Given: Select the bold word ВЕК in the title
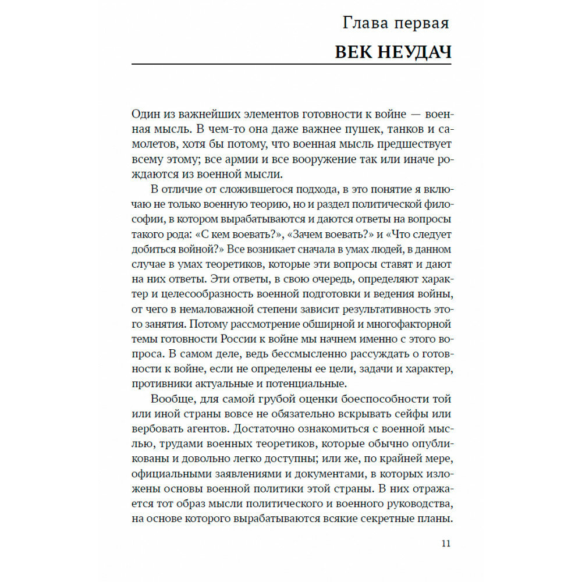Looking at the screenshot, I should [352, 52].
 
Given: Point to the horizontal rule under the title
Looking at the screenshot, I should [291, 63].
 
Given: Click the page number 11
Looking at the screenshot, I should [446, 544].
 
